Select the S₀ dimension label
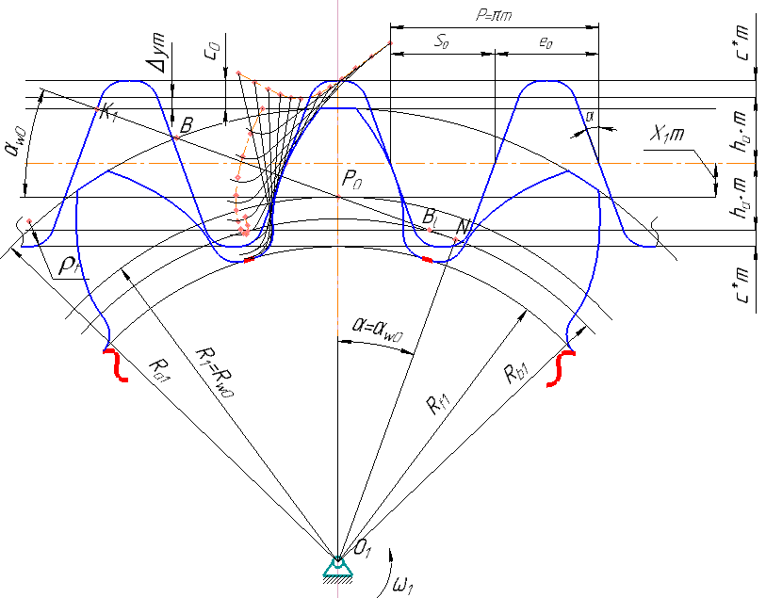click(441, 41)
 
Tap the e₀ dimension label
click(545, 41)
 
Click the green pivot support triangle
click(336, 565)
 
